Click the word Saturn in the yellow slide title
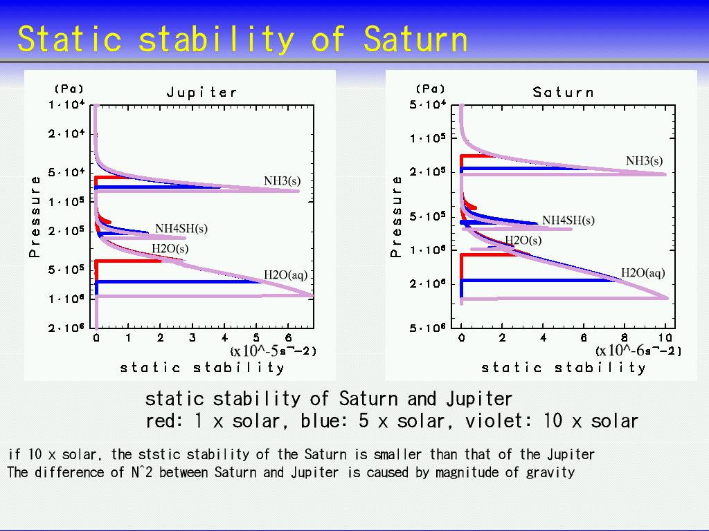[415, 39]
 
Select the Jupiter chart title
[201, 93]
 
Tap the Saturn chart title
[563, 92]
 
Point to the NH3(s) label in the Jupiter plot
[282, 181]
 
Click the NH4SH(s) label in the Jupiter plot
[181, 228]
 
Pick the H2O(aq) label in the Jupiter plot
[285, 275]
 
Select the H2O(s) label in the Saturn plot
[523, 240]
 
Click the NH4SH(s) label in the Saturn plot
[568, 221]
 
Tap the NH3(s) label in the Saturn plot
[645, 160]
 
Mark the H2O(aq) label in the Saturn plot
[643, 272]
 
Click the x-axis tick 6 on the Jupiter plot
[288, 337]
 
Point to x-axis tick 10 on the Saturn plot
[665, 337]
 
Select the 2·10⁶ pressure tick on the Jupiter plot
[66, 327]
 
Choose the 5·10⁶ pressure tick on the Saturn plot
[427, 327]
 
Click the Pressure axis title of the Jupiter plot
[35, 216]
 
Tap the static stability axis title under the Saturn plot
[564, 368]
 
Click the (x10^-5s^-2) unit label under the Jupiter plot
[273, 351]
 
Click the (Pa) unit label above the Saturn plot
[430, 89]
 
